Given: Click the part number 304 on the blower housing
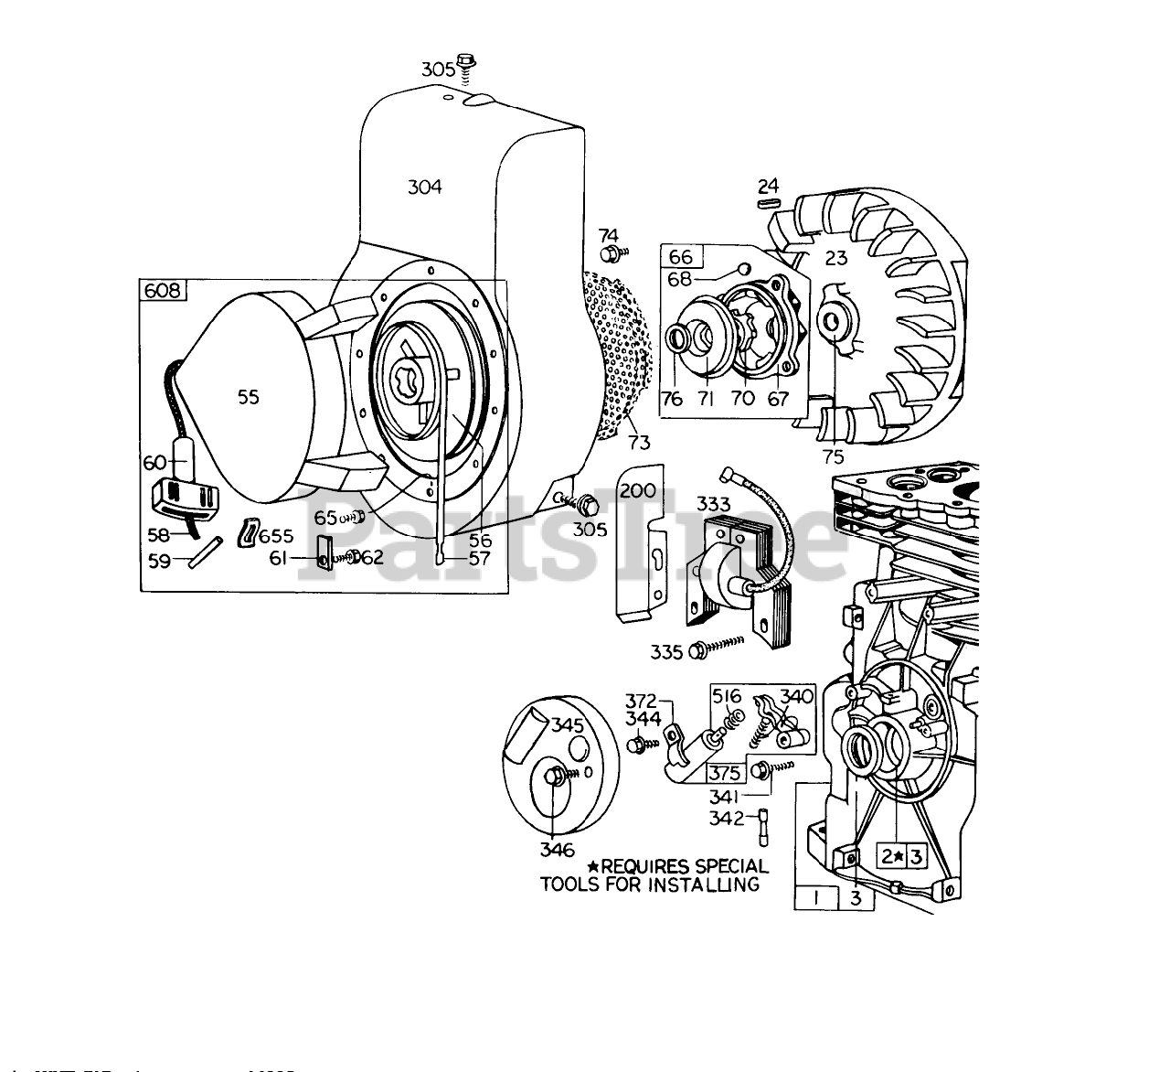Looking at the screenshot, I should [x=424, y=187].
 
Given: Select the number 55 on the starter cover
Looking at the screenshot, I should [x=248, y=396].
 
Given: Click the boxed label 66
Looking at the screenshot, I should [x=680, y=256].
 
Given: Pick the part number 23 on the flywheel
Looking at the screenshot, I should [x=836, y=258].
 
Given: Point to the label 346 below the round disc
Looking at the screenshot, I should [x=557, y=850].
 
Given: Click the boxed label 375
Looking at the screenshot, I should [x=725, y=772].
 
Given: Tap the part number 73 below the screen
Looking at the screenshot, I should [x=639, y=443].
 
